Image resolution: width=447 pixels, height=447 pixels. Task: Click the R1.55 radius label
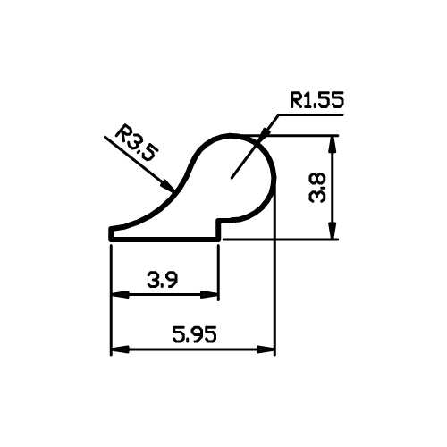317,100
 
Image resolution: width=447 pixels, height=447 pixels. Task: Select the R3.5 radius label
137,144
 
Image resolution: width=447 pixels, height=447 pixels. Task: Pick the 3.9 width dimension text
163,280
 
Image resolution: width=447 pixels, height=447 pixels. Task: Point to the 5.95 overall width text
194,334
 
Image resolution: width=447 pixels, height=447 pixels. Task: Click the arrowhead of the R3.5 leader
168,185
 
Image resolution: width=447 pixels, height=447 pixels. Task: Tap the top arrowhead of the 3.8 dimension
333,144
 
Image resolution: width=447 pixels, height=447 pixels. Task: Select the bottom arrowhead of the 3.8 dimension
333,231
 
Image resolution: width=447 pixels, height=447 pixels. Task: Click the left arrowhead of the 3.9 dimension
120,295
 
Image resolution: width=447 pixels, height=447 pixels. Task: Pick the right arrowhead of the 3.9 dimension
209,295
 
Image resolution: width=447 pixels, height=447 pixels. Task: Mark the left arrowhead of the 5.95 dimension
120,350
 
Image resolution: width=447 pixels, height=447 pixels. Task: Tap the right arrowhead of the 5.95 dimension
266,350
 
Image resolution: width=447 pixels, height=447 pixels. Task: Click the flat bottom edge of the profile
164,239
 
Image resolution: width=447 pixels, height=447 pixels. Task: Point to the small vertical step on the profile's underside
219,230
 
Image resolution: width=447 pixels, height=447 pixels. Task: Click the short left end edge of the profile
111,233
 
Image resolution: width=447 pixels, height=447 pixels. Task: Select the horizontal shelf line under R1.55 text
310,114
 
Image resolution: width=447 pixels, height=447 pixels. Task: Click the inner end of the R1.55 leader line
232,178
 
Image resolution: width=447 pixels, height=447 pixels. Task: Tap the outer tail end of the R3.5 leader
105,137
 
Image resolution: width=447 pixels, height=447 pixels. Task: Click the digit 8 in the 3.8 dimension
317,180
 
